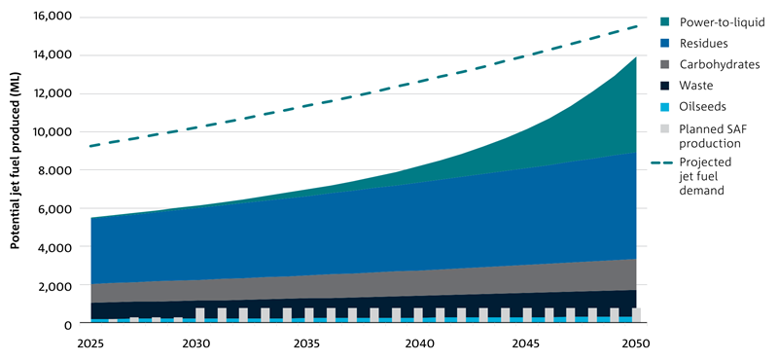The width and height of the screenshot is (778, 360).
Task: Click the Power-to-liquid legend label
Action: (x=721, y=22)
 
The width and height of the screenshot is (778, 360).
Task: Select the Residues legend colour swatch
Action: (x=665, y=44)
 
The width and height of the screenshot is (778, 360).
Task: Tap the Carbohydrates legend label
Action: (x=720, y=64)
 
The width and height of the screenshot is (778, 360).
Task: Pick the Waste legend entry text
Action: (x=696, y=86)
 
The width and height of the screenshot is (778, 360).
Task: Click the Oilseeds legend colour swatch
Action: (x=665, y=107)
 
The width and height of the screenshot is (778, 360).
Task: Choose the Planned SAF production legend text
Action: (x=711, y=135)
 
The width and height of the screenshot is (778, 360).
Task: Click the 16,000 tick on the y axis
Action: (x=52, y=17)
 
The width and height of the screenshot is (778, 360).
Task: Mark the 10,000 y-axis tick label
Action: (x=52, y=131)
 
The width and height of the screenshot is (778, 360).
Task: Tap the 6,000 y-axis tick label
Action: (x=53, y=208)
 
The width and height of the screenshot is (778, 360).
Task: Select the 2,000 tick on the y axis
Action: (x=53, y=285)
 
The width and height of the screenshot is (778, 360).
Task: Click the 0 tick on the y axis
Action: (x=65, y=324)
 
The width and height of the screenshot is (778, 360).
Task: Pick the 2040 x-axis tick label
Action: (x=417, y=343)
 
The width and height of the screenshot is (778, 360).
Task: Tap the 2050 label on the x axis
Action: (x=637, y=343)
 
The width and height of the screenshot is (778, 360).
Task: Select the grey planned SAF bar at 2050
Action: (x=636, y=315)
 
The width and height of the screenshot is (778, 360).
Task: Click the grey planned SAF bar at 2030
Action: (x=200, y=315)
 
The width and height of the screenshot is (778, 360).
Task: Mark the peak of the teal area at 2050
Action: (x=637, y=57)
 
